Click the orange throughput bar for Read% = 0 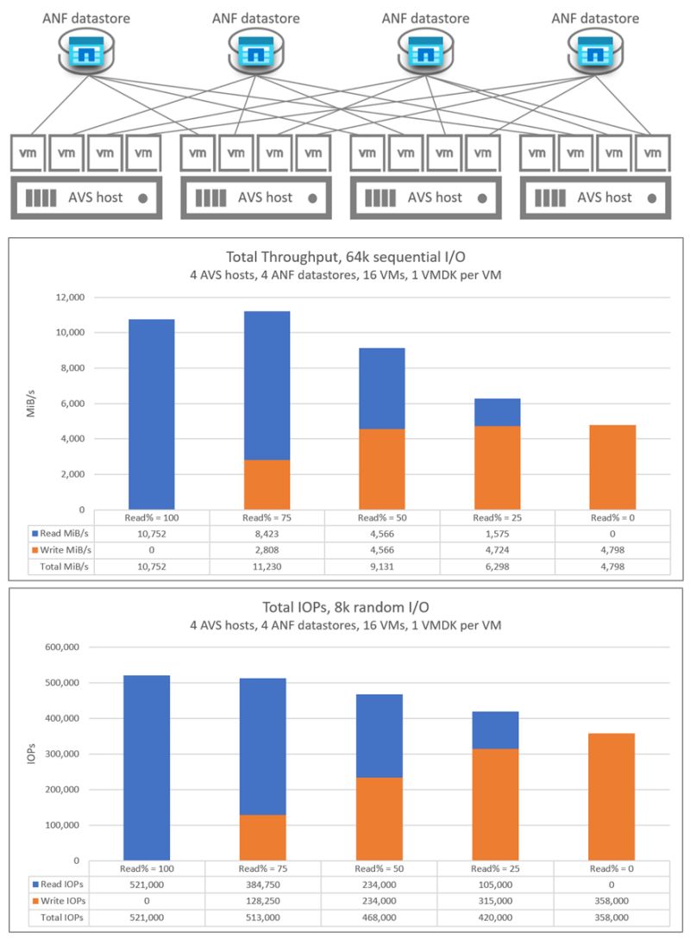(612, 466)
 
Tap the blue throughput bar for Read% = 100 (152, 414)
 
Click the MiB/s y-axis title (28, 404)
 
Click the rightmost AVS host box (595, 197)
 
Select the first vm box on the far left (28, 153)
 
